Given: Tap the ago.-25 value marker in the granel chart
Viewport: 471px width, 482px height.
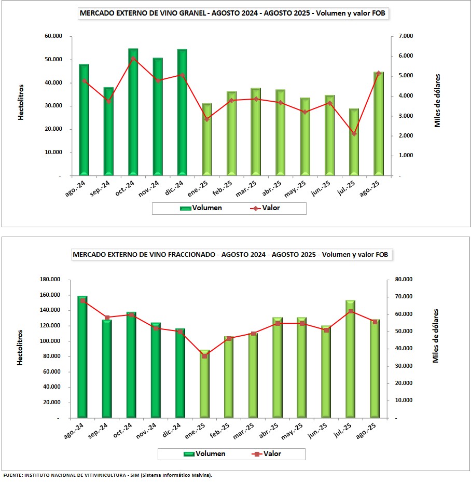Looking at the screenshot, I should coord(379,74).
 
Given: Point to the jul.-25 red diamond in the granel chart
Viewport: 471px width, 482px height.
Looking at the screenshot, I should coord(354,134).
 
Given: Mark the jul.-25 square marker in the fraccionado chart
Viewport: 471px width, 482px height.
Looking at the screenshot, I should coord(351,311).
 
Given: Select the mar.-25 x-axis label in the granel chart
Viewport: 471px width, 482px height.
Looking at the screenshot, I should coord(246,189).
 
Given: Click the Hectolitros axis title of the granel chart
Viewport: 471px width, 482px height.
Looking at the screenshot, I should coord(21,102).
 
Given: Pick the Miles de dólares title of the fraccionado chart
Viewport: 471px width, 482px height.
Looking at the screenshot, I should coord(436,336).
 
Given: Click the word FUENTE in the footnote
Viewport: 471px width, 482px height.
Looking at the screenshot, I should coord(12,475).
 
